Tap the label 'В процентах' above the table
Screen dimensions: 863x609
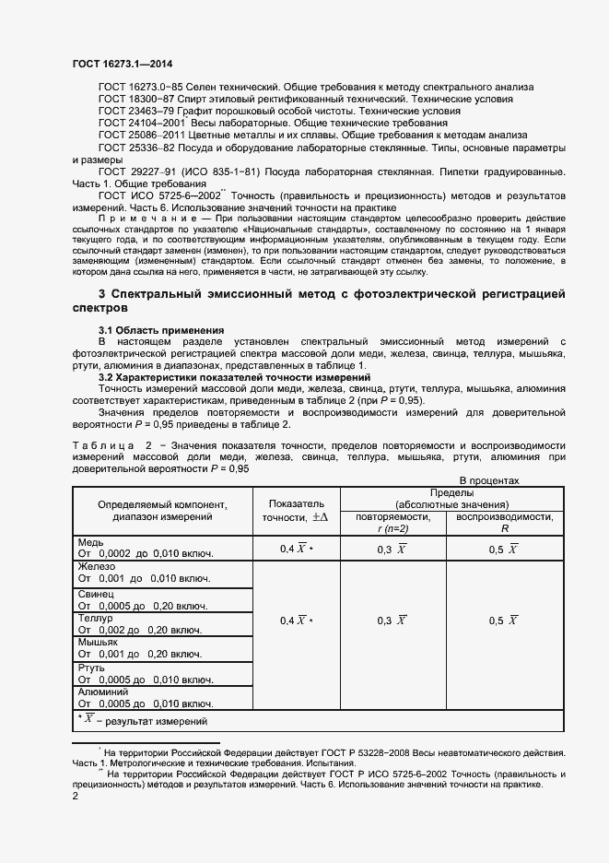pyautogui.click(x=489, y=480)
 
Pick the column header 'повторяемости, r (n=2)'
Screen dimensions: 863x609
pyautogui.click(x=392, y=523)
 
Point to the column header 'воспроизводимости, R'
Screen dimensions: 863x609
pyautogui.click(x=503, y=523)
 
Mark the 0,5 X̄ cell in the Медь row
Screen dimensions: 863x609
pyautogui.click(x=503, y=549)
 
